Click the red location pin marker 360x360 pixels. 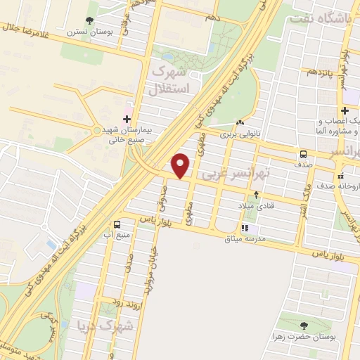pyautogui.click(x=181, y=165)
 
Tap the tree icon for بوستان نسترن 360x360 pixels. pyautogui.click(x=89, y=21)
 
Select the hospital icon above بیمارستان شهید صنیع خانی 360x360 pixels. pyautogui.click(x=127, y=119)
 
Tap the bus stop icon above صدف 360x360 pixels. pyautogui.click(x=303, y=154)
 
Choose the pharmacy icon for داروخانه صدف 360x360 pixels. pyautogui.click(x=340, y=176)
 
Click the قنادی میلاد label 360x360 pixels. pyautogui.click(x=255, y=205)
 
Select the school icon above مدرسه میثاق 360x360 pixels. pyautogui.click(x=245, y=228)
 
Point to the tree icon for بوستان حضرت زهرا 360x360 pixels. pyautogui.click(x=303, y=325)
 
